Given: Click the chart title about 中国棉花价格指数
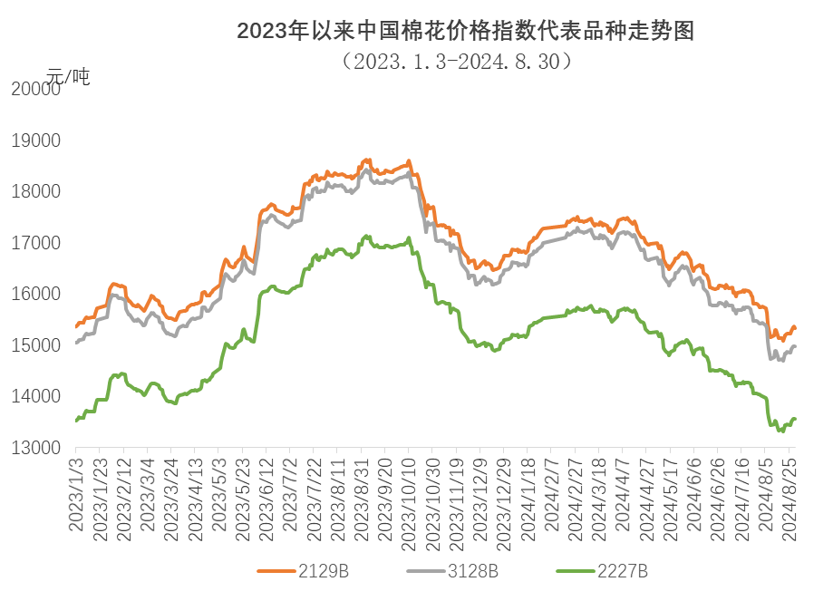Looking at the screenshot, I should click(464, 33).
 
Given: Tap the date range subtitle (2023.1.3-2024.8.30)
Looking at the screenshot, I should click(456, 62).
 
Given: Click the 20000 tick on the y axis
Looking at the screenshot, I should click(34, 89).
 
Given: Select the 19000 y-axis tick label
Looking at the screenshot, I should click(34, 141).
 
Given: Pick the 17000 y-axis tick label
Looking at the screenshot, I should click(34, 243).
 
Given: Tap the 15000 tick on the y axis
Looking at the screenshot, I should click(34, 345).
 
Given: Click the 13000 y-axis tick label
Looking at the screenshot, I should click(34, 448).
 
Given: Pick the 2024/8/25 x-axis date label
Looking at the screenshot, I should click(790, 498).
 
